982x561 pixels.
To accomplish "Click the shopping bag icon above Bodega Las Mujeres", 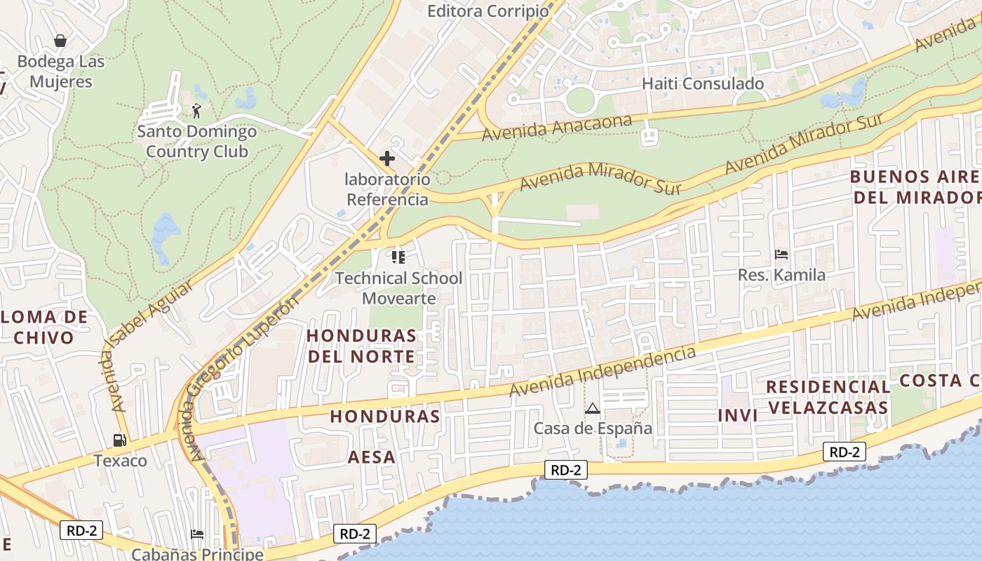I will [61, 41].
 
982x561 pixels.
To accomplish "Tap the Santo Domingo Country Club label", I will [196, 142].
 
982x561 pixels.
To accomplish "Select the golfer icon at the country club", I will [196, 110].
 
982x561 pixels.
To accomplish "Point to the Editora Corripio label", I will [488, 11].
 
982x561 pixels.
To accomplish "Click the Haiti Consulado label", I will [703, 83].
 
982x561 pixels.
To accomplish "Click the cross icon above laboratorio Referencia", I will [386, 158].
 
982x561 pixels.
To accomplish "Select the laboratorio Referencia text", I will [387, 189].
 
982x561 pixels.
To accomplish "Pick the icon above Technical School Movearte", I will [398, 257].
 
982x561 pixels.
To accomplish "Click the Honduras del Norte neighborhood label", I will [361, 346].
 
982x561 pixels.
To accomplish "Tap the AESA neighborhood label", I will [372, 457].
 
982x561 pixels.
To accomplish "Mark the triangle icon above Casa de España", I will [593, 408].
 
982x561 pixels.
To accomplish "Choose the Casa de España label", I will [593, 428].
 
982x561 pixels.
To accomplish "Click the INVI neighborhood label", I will [737, 415].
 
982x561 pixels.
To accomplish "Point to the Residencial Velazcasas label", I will [828, 397].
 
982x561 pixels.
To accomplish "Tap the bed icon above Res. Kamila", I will [781, 255].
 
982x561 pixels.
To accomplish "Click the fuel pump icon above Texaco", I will [120, 440].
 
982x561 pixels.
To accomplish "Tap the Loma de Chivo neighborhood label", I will [43, 327].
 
